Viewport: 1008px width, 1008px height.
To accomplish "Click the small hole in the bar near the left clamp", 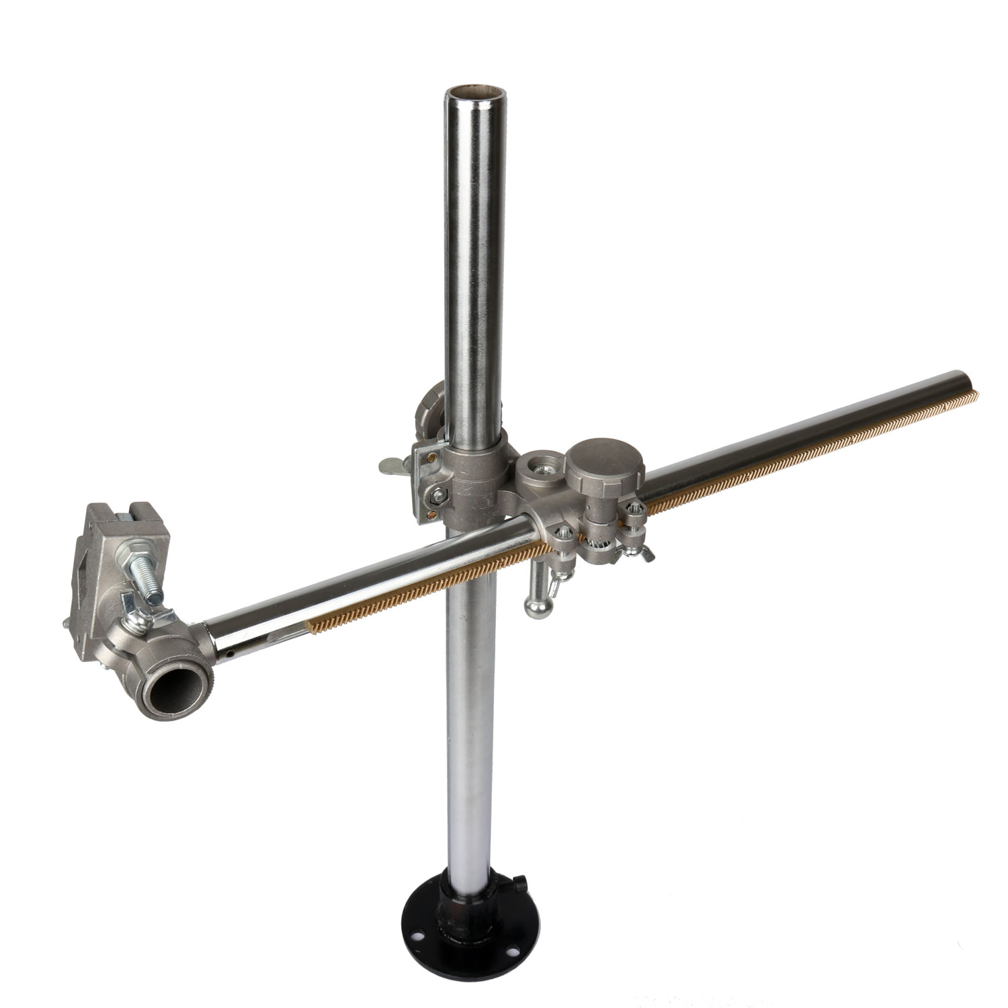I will [x=230, y=653].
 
